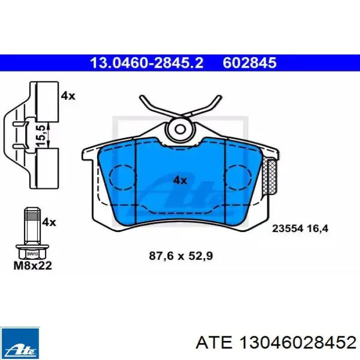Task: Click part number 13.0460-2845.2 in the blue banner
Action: coord(147,63)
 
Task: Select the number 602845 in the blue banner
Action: coord(249,63)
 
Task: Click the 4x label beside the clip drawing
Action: coord(68,96)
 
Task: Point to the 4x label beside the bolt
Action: coord(49,222)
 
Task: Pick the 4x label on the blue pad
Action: coord(180,181)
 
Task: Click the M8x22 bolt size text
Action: coord(33,265)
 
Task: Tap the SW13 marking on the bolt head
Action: coord(32,254)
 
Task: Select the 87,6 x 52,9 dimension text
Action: coord(181,256)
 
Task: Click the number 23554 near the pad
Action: coord(289,228)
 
